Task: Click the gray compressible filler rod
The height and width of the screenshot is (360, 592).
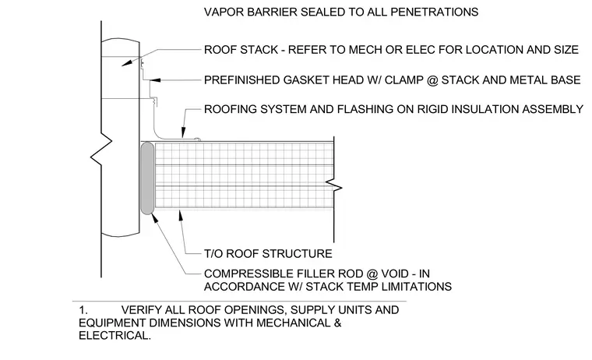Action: (x=147, y=178)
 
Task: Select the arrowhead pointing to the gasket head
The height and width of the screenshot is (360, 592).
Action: (x=155, y=80)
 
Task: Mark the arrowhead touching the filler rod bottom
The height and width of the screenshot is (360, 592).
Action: (x=155, y=219)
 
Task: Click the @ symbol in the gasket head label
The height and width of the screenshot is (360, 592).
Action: (x=432, y=80)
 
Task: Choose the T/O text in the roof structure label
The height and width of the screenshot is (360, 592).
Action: (x=213, y=253)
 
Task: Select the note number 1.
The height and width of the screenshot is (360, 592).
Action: (x=83, y=310)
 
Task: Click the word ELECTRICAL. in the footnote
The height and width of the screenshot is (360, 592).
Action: (x=115, y=335)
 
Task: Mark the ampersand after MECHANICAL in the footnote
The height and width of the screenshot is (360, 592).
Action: (x=337, y=323)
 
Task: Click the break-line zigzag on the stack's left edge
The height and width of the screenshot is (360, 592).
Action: (x=101, y=149)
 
